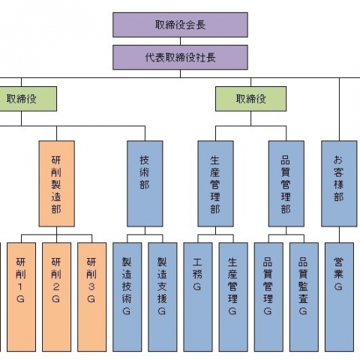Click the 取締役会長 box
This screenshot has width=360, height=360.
click(180, 25)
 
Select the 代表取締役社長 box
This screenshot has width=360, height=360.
click(180, 57)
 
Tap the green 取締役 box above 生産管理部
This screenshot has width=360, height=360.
click(250, 99)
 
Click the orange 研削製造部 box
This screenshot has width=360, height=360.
click(57, 184)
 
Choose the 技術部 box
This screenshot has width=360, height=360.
click(145, 184)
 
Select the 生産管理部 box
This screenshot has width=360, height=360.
click(215, 184)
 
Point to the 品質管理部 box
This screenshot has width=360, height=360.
click(286, 184)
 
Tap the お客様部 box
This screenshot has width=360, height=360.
click(339, 184)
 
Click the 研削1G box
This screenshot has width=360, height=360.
click(21, 297)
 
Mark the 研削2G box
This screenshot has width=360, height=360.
click(56, 297)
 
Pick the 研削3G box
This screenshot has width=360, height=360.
click(91, 297)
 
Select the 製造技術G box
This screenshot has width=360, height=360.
click(127, 297)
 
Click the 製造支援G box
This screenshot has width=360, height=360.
click(163, 297)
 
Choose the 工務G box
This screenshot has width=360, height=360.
click(198, 297)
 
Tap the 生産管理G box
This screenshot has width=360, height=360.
click(233, 297)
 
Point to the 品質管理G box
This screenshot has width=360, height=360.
click(268, 297)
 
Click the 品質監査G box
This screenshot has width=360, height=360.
click(304, 297)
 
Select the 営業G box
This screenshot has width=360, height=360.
click(339, 297)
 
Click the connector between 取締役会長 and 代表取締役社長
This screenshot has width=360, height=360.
click(180, 41)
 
